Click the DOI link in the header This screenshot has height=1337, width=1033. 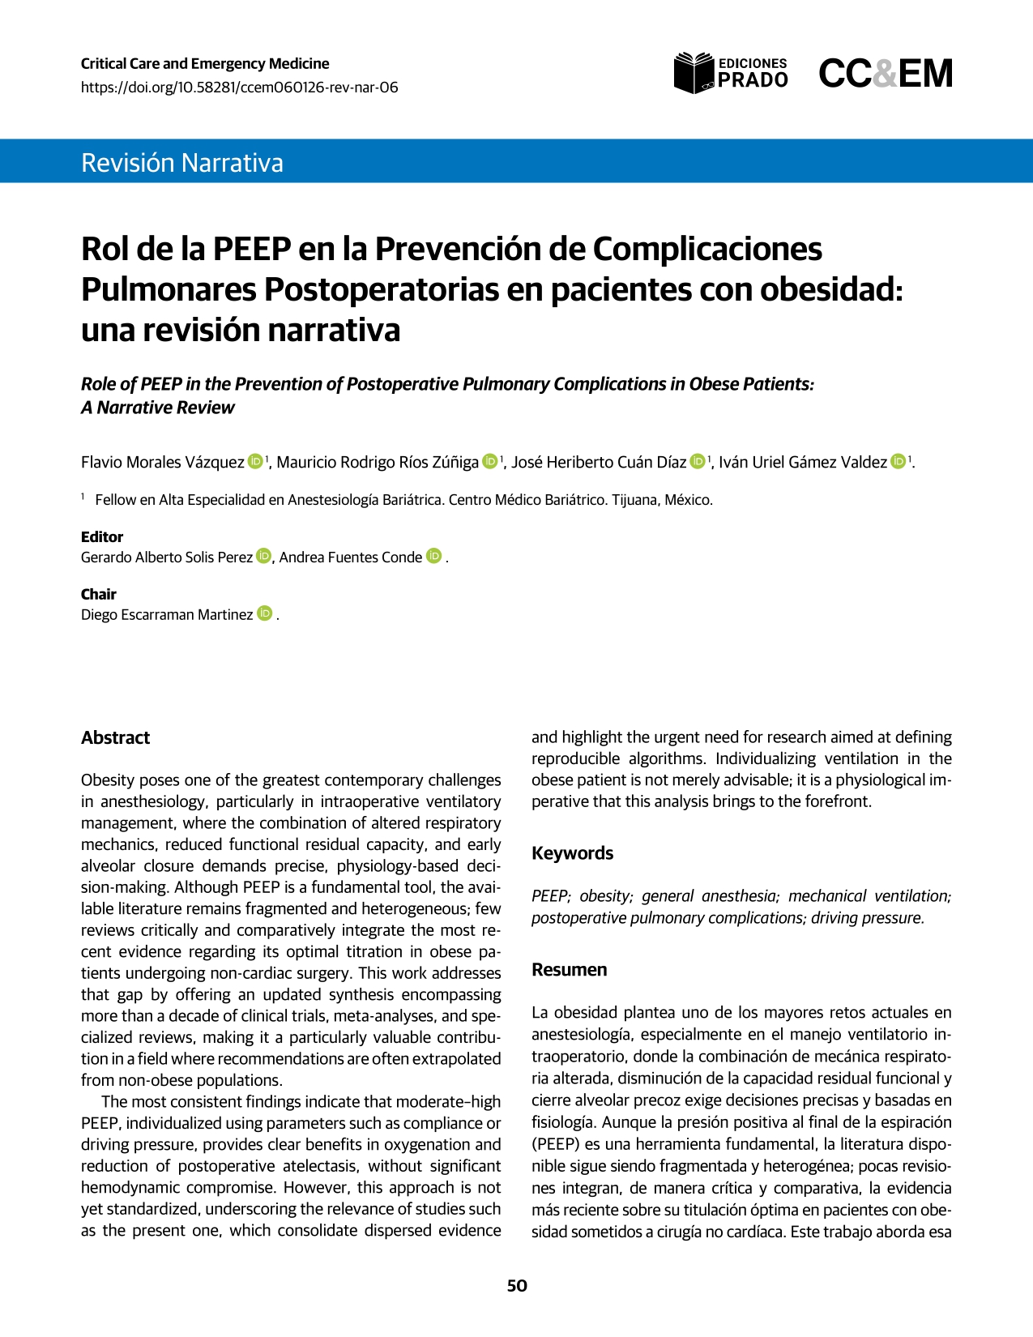239,88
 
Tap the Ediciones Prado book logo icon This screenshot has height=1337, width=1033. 694,73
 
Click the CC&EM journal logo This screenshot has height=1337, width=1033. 885,74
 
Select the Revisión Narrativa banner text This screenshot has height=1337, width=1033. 182,163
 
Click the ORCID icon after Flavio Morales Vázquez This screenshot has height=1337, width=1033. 255,461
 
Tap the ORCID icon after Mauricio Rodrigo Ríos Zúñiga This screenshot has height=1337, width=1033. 490,461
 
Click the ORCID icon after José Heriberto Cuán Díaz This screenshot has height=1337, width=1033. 698,461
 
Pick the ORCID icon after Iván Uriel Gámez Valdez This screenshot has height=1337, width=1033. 899,461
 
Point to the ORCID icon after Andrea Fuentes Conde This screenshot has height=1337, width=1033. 433,556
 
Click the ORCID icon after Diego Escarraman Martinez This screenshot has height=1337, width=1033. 264,613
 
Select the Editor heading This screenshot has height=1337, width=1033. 102,536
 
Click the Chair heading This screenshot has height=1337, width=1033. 99,594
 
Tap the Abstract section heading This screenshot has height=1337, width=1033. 115,737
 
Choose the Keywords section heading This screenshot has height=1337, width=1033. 572,852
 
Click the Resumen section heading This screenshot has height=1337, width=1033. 569,969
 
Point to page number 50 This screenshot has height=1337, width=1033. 517,1286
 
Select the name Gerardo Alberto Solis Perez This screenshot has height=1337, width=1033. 167,557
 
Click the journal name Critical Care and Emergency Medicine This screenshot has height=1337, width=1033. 205,63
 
